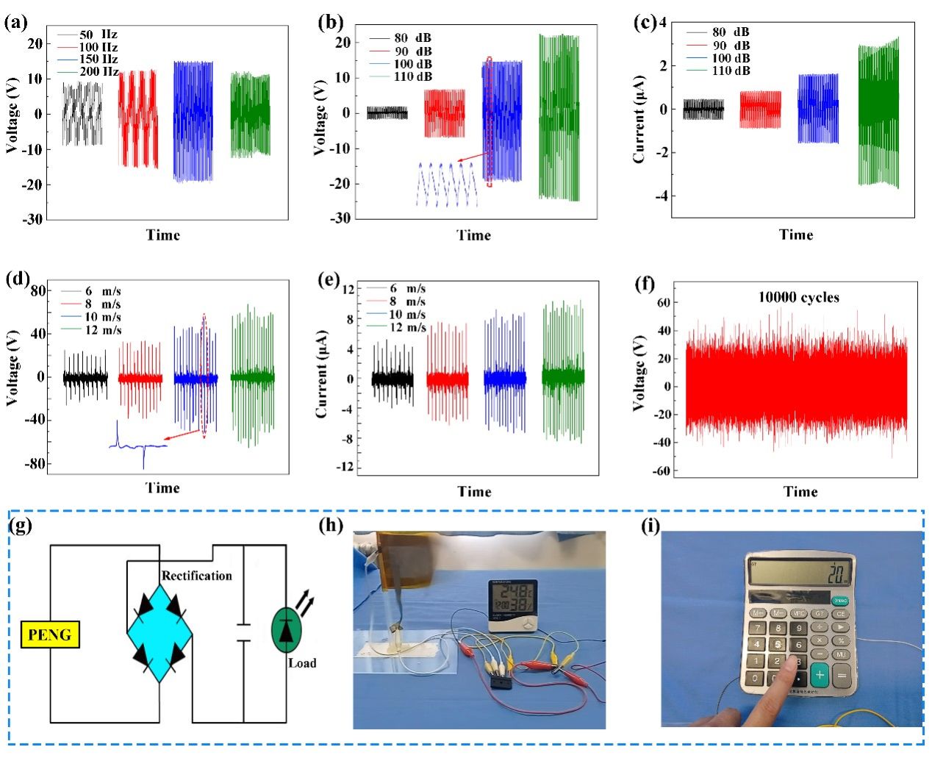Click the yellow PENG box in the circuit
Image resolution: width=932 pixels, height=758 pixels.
[50, 634]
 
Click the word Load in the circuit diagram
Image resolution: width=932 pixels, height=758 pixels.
[301, 663]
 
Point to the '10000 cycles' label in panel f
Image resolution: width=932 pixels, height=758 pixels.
[798, 298]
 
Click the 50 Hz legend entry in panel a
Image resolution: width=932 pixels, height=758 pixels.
[98, 35]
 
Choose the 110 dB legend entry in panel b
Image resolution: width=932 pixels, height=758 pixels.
[412, 76]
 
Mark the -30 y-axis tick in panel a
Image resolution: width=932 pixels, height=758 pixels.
[33, 219]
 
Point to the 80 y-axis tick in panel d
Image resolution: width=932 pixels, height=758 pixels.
[37, 291]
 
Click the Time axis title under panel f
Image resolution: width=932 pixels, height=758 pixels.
[800, 491]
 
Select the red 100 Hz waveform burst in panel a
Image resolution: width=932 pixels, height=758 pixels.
[138, 118]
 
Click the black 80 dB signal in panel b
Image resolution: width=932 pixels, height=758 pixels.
[387, 113]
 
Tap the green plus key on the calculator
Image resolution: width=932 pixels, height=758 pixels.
[820, 674]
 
